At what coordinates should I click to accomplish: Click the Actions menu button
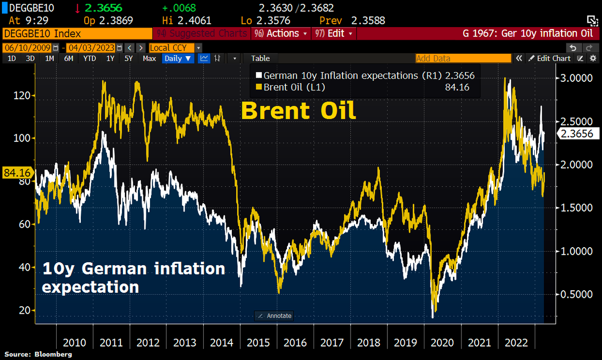[280, 34]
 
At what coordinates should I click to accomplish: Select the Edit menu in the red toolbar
[334, 34]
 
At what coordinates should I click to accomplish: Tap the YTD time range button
[90, 58]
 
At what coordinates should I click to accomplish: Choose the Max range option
[149, 58]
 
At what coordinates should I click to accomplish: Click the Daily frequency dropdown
[178, 58]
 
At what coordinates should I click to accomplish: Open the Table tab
[260, 58]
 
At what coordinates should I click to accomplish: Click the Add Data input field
[463, 58]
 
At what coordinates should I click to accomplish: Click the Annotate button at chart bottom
[274, 316]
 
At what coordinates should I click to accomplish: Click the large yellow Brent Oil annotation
[298, 111]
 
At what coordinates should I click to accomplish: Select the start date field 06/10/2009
[27, 48]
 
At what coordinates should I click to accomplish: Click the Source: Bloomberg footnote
[38, 354]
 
